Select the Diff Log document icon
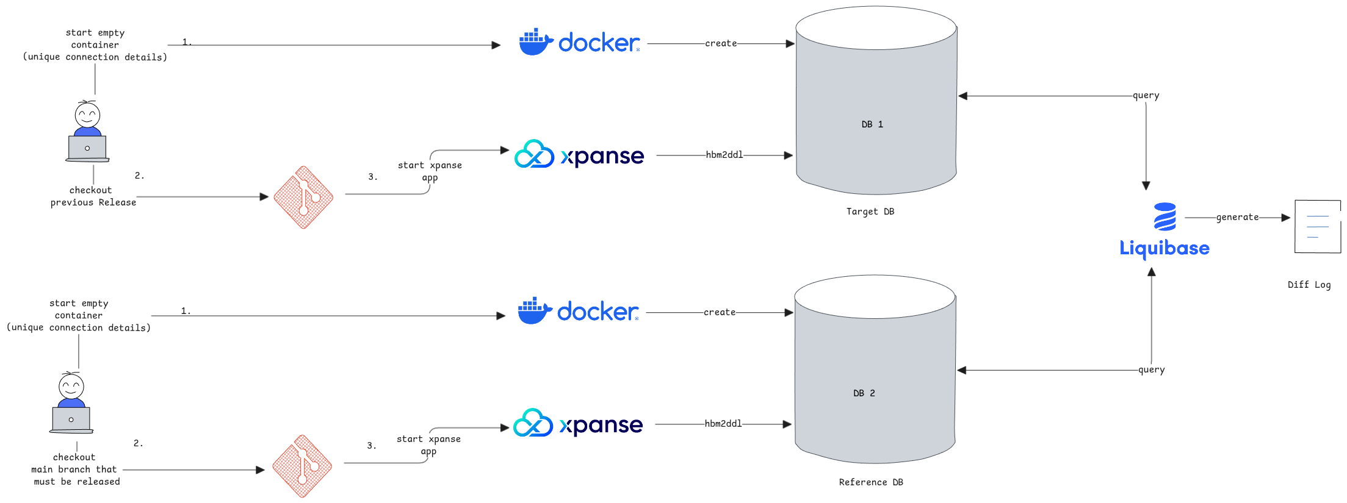1317,226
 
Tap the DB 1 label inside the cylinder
872,124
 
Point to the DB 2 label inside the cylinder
864,393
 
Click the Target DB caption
870,212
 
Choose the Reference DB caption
870,482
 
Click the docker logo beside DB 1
579,42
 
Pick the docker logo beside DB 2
578,311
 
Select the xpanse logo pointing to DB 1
579,155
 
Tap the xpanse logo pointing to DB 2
578,424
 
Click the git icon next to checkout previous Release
303,197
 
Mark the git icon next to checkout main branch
302,466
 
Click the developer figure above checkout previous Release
87,132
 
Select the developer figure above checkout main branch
71,403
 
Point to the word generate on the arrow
1237,217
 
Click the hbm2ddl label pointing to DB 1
724,155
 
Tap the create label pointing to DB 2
720,312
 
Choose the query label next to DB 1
1146,96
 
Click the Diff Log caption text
1309,285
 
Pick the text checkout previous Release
93,196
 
